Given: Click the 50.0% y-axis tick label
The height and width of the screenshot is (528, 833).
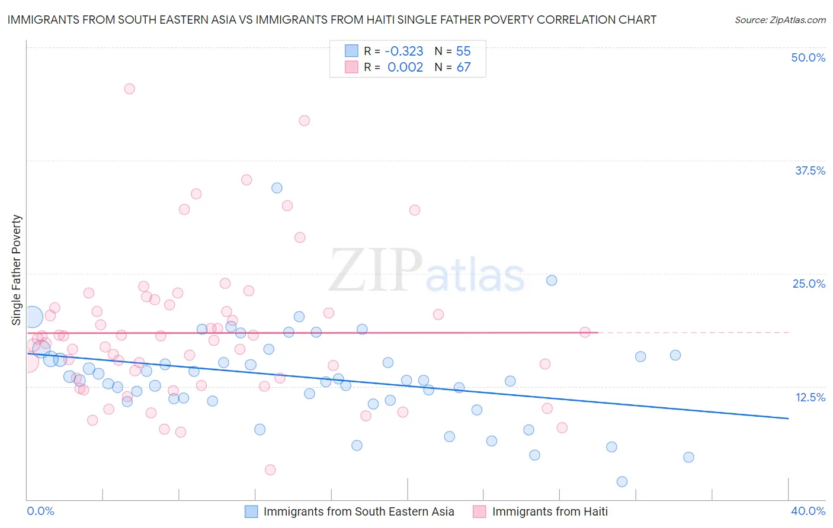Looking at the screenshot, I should (808, 57).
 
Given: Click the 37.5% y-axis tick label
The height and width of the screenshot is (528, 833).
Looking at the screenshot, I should (810, 170).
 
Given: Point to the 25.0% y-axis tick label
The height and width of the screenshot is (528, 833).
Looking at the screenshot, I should (809, 284).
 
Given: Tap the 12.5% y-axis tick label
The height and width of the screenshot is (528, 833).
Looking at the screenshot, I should (810, 397).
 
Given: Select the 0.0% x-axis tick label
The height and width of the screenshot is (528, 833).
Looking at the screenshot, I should (40, 511).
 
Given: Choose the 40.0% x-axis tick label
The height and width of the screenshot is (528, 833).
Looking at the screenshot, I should (808, 511).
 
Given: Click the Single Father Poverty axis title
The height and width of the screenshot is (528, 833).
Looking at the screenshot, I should (17, 270).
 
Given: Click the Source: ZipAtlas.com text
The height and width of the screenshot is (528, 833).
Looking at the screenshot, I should (780, 20).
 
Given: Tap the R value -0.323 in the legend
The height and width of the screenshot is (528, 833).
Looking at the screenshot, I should (403, 51).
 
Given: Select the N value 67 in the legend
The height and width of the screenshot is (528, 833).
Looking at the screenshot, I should (463, 67).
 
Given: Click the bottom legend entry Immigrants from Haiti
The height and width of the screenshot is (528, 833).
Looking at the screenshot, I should (549, 511).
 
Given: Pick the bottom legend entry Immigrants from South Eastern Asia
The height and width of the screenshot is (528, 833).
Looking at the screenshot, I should (358, 511).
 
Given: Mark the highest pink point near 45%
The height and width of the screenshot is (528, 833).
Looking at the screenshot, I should (129, 89).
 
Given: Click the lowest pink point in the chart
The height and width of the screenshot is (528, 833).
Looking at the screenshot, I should (270, 470).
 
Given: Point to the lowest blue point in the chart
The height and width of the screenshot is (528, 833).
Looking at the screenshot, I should (622, 482).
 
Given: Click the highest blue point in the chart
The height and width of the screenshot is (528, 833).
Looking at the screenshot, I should (277, 188).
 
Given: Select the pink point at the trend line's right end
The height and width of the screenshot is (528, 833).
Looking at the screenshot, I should (585, 332).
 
